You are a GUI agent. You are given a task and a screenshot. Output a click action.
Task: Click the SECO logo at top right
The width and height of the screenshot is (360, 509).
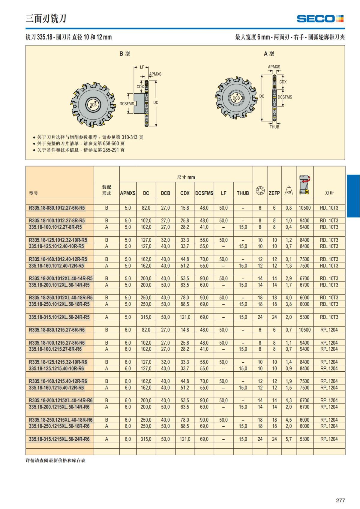320,19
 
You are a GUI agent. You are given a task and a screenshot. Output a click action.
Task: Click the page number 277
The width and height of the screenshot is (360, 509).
340,500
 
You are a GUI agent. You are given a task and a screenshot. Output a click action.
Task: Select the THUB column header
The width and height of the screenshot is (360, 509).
243,193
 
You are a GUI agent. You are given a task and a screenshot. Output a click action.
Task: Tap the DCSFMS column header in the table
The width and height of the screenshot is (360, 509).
204,193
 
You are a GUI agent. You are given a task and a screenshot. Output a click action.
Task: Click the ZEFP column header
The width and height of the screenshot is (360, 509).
274,193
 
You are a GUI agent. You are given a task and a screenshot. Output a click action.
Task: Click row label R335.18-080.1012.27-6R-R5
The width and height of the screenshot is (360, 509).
57,208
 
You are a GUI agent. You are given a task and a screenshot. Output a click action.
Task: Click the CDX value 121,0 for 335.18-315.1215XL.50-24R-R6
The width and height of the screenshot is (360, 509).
185,439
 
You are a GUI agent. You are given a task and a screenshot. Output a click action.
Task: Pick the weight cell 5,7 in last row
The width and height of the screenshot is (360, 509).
289,439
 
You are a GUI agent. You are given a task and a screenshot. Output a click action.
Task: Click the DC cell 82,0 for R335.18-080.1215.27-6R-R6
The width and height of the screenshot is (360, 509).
146,330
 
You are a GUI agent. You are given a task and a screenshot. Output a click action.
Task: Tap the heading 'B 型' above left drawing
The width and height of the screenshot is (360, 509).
124,54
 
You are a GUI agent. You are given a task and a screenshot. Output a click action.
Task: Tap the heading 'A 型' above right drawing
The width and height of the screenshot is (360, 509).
269,54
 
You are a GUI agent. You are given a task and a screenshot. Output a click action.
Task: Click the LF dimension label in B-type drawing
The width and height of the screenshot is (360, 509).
142,67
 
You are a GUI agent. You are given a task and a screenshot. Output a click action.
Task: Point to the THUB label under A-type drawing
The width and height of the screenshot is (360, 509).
274,127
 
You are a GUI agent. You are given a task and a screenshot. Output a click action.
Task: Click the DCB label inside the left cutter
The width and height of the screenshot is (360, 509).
93,105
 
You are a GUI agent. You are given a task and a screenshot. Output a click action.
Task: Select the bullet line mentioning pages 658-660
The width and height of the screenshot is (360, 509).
80,144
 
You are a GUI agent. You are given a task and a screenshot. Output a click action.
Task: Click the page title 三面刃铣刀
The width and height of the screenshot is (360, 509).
46,19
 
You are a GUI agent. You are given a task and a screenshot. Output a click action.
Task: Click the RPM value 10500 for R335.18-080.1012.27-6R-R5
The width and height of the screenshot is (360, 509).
304,208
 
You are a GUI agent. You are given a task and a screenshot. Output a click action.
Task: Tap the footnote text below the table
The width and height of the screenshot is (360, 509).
55,460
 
